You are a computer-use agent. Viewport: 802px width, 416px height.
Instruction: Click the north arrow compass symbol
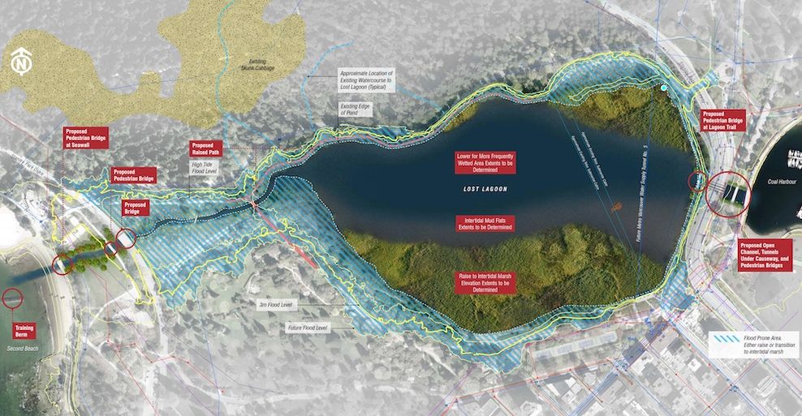point(23,63)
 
